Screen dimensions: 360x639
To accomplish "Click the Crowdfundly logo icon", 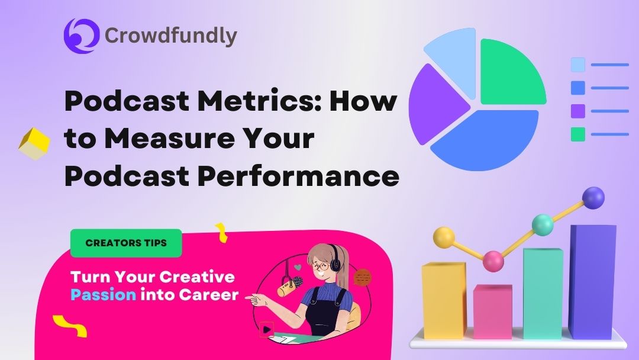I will [x=81, y=36].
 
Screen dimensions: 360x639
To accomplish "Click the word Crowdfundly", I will [x=171, y=36].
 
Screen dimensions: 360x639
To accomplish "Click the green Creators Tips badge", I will [x=126, y=243].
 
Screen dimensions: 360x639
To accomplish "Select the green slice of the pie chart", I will [x=510, y=71].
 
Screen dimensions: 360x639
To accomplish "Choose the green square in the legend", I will [x=577, y=134].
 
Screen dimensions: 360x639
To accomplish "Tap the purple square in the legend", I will [x=577, y=111].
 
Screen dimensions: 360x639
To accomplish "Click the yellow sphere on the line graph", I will [x=444, y=237].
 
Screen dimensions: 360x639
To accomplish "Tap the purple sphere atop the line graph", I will [x=593, y=198].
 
